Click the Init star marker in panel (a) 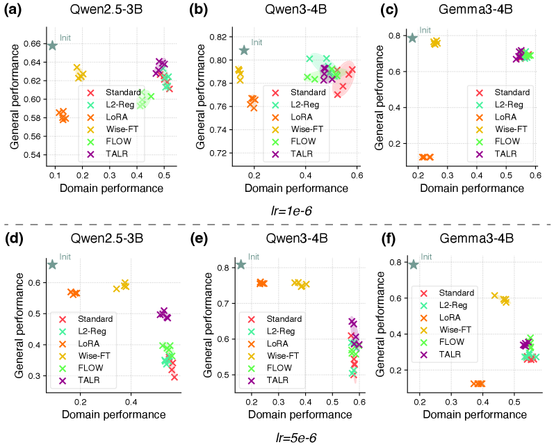(52, 45)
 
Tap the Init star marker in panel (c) (412, 38)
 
